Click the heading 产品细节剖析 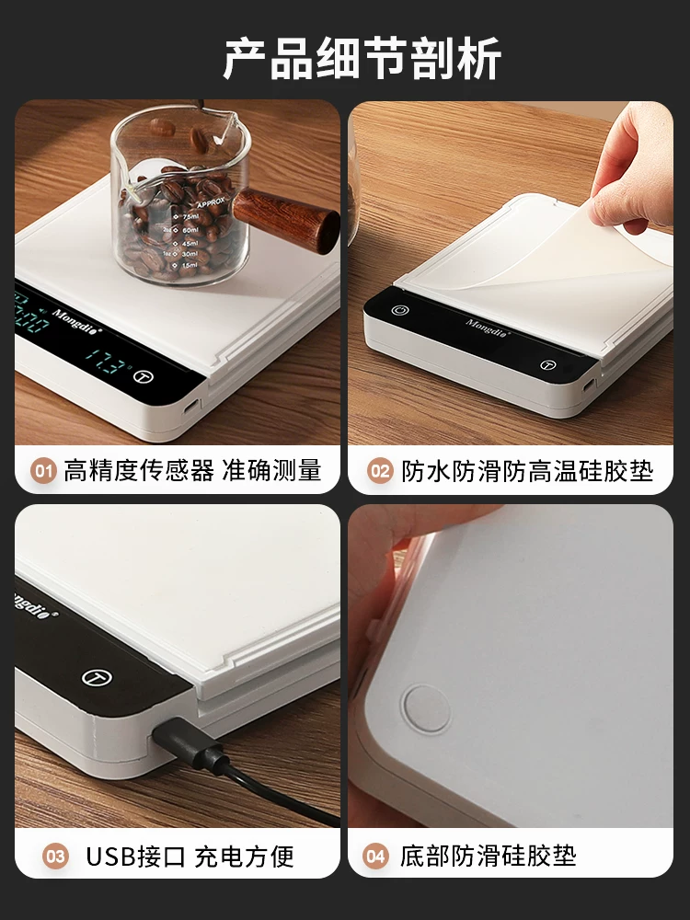coord(362,58)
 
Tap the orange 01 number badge coord(43,471)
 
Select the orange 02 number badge coord(380,471)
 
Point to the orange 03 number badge coord(56,857)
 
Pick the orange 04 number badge coord(375,856)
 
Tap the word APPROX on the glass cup coord(211,203)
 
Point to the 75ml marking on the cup coord(190,217)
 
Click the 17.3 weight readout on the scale coord(106,362)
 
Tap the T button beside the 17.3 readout coord(144,376)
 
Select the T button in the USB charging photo coord(97,678)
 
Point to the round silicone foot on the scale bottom coord(427,708)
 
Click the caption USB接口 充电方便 coord(190,857)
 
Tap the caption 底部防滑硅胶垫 coord(489,856)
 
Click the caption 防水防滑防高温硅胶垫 coord(527,471)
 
